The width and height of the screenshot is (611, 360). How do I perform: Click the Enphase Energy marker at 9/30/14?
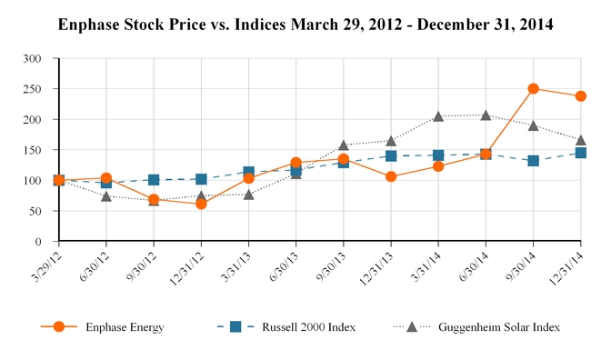[x=534, y=88]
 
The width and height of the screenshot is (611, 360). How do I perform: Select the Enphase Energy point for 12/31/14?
[x=581, y=95]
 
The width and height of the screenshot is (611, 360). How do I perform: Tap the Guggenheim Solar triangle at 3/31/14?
[x=438, y=116]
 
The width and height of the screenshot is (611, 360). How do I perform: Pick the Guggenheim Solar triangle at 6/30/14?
[x=486, y=115]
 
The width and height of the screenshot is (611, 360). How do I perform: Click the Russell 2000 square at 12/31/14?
[x=581, y=153]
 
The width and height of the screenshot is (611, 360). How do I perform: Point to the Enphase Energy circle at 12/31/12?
[x=201, y=204]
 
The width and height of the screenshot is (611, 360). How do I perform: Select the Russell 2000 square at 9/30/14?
[x=534, y=161]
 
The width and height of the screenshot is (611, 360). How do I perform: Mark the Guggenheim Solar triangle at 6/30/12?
[x=106, y=196]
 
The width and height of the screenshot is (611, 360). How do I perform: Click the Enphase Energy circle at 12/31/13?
[x=391, y=176]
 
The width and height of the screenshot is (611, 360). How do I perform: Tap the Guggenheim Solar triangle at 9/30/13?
[x=344, y=145]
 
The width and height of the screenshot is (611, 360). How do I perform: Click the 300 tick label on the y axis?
[x=32, y=59]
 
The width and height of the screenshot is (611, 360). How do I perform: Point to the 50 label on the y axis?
[x=35, y=211]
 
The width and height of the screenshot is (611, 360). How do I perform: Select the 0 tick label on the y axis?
[x=38, y=242]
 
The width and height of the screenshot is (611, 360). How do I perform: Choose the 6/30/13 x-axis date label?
[x=284, y=267]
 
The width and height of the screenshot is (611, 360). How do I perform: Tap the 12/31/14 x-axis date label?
[x=567, y=269]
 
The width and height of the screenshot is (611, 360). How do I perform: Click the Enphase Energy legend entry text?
[x=125, y=327]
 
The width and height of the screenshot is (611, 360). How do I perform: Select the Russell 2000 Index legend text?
[x=308, y=327]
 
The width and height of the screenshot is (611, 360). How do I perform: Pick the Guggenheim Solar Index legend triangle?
[x=412, y=326]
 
